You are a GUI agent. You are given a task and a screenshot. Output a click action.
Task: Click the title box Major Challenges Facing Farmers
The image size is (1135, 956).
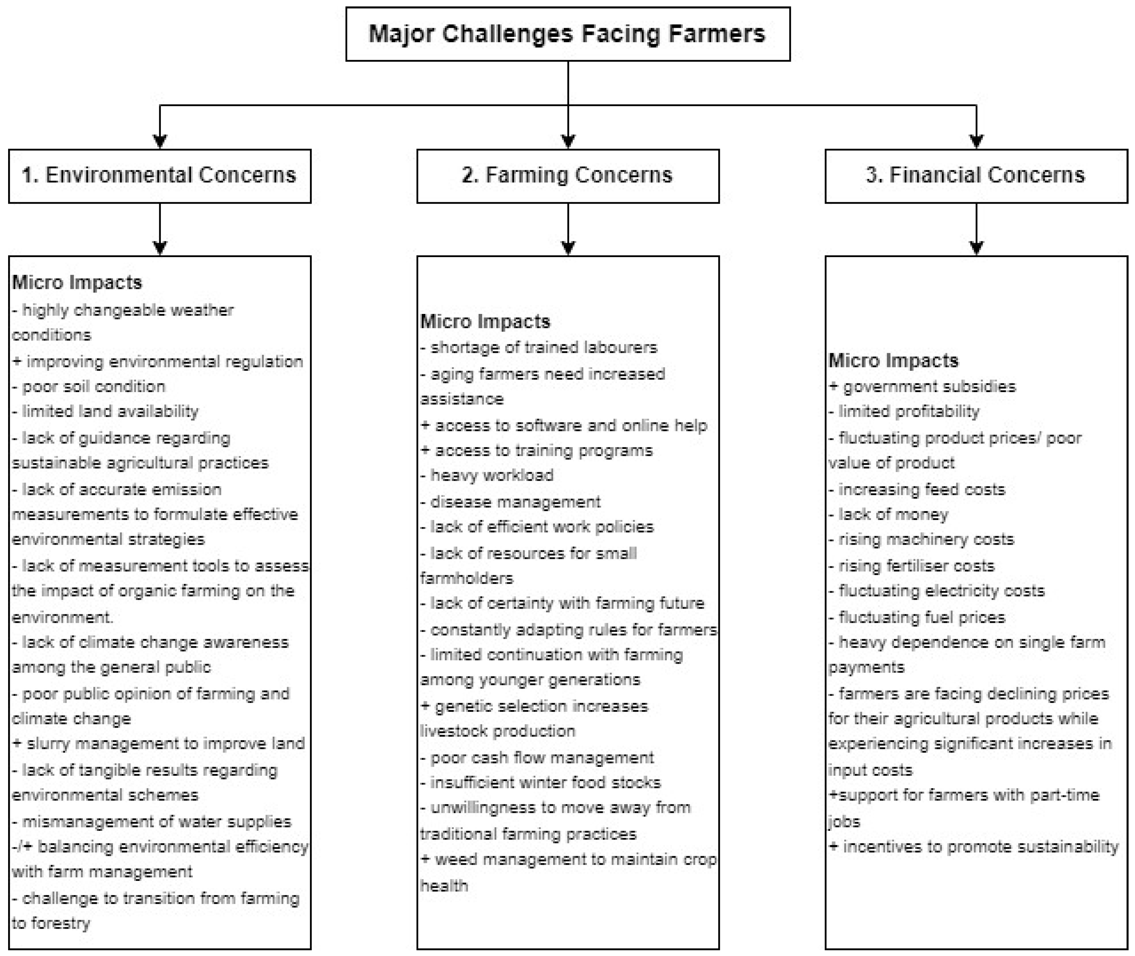pos(567,33)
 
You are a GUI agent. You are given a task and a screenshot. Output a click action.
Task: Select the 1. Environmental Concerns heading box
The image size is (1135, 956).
pos(160,176)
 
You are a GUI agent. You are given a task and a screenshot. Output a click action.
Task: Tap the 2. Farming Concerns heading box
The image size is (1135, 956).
pos(567,176)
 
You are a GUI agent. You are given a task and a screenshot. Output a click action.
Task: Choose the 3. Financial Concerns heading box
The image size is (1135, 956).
pos(976,176)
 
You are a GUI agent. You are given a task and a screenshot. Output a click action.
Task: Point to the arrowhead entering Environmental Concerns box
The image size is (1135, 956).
pos(160,141)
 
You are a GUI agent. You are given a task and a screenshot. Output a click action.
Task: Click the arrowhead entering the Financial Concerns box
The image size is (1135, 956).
pos(976,141)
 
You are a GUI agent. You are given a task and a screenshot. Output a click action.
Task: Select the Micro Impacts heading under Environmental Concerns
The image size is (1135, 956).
pos(77,282)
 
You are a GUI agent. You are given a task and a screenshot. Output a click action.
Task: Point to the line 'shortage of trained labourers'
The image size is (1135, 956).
pos(539,347)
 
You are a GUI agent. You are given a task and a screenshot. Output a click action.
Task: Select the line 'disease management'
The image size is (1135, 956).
pos(511,502)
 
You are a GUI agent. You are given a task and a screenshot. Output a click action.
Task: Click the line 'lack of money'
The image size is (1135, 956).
pos(889,514)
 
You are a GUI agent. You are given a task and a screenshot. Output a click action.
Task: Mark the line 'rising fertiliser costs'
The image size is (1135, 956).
pos(912,566)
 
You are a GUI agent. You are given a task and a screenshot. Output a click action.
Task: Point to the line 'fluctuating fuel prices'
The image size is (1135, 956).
pos(917,617)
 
